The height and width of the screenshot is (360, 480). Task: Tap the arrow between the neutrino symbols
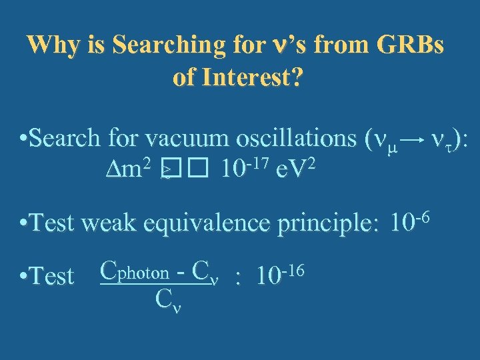click(x=413, y=139)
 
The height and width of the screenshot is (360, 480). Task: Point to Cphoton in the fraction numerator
click(x=133, y=272)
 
